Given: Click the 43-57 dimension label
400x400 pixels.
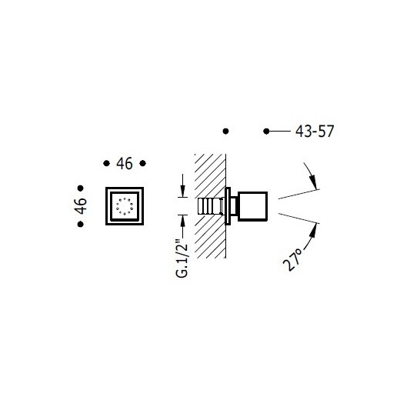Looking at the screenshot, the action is click(315, 132).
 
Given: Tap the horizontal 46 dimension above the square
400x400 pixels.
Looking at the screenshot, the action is click(125, 163).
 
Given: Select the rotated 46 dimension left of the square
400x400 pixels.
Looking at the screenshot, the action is click(81, 206).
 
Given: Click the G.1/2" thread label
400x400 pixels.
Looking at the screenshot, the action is click(182, 258).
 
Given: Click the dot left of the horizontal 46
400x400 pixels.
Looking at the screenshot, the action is click(106, 163).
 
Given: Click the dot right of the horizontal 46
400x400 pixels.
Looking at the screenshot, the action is click(143, 163).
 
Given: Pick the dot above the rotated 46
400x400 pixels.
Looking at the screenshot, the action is click(81, 188).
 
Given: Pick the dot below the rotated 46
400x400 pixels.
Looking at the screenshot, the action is click(81, 224).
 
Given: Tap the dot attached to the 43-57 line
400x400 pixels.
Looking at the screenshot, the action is click(266, 132).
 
